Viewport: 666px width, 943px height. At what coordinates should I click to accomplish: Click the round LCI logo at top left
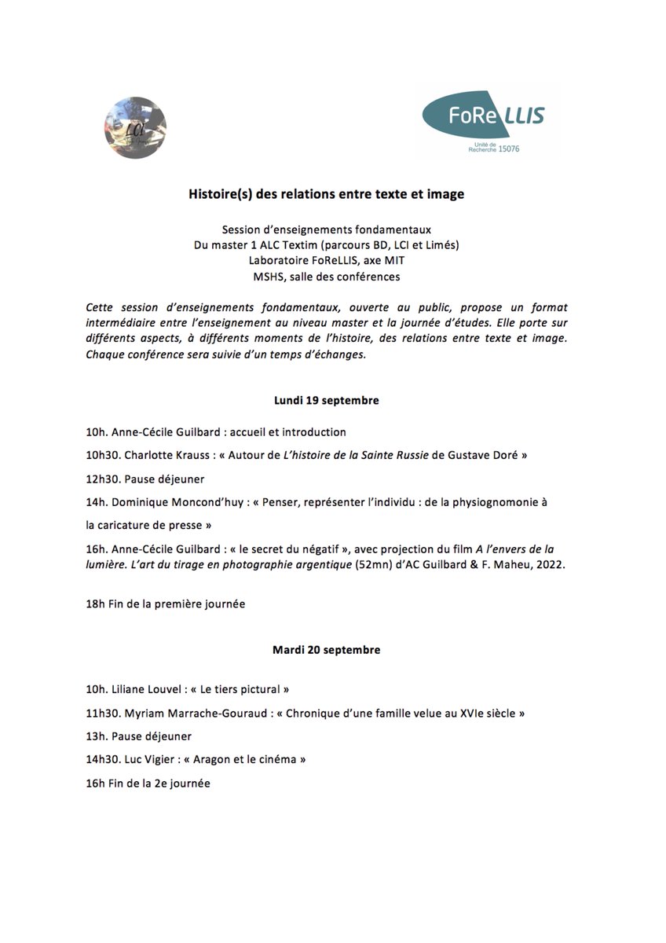coord(135,127)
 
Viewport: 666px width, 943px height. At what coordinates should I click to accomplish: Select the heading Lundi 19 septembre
coord(326,400)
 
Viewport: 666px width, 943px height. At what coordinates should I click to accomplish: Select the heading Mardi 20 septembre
coord(326,650)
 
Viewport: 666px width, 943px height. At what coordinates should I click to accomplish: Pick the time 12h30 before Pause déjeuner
coord(103,478)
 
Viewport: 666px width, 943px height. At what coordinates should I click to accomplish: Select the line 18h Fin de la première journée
coord(166,604)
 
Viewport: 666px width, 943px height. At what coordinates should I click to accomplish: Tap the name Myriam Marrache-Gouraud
coord(196,713)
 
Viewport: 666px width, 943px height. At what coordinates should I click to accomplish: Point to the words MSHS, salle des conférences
coord(326,276)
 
